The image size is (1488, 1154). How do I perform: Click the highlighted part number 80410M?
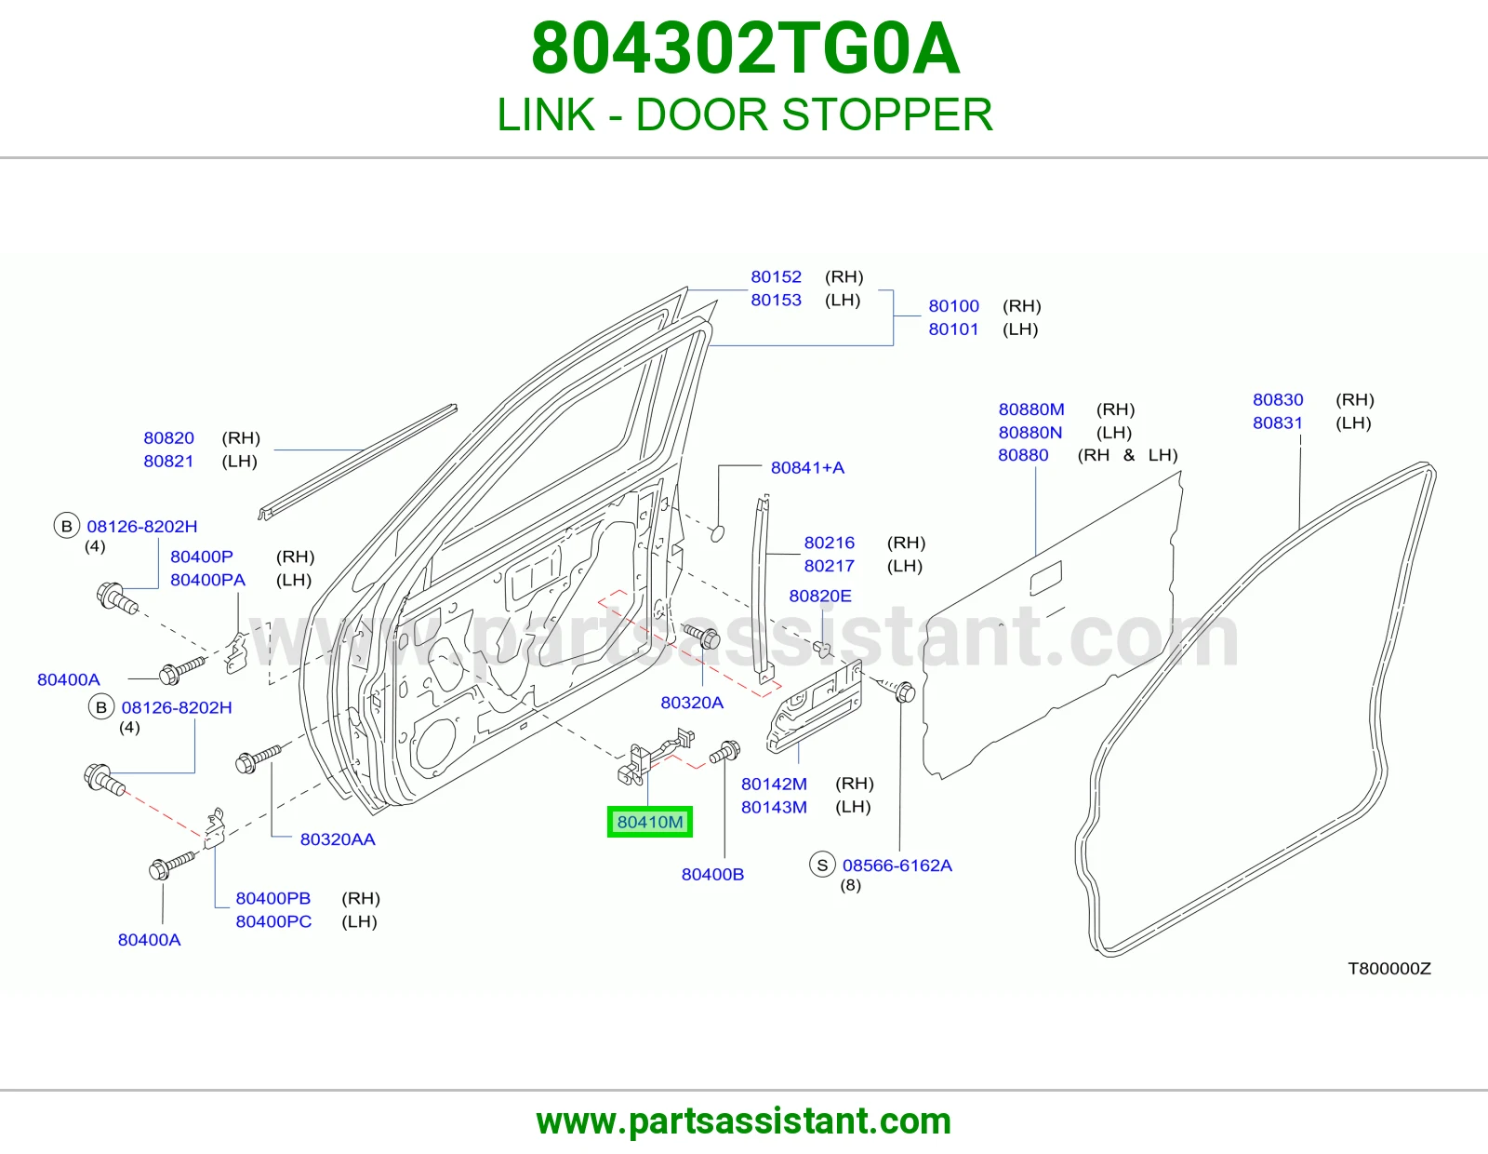(650, 822)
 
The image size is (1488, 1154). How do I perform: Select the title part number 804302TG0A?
(746, 48)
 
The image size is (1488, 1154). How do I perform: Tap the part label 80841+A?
(807, 467)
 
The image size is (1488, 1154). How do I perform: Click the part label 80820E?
(819, 596)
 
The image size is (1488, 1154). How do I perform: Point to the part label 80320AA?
(338, 839)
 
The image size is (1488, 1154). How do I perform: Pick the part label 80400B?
(712, 874)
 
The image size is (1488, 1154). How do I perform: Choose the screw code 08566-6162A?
(897, 865)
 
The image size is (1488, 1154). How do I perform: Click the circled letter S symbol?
(822, 865)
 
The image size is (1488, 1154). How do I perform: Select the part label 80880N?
(1030, 433)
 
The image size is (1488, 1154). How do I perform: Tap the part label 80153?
(776, 300)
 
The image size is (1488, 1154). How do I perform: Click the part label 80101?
(953, 329)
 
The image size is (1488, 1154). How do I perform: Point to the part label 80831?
(1277, 423)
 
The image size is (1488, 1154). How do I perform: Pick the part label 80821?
(168, 462)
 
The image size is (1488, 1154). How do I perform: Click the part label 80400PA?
(207, 580)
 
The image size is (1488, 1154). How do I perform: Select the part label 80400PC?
(273, 921)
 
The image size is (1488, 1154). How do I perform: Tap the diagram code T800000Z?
(1389, 968)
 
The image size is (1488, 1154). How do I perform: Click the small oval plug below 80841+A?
(717, 532)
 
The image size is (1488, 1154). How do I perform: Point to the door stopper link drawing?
(654, 757)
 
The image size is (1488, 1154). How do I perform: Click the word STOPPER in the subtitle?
(887, 114)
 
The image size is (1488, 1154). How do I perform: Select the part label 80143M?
(774, 807)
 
